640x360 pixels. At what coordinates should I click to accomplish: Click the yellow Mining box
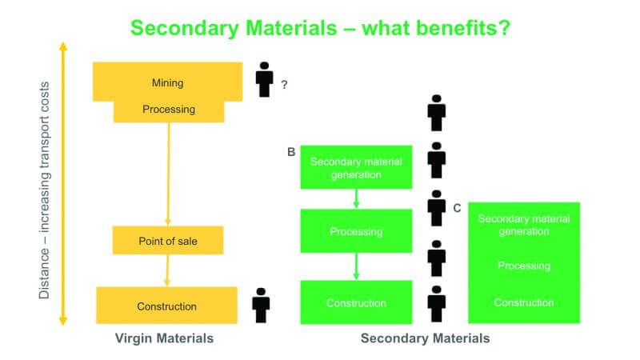[167, 82]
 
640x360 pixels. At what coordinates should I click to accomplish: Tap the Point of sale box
[168, 241]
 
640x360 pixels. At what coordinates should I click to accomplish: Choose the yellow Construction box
[166, 306]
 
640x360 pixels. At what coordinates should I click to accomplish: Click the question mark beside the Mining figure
[284, 85]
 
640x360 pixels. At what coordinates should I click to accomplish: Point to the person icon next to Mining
[264, 79]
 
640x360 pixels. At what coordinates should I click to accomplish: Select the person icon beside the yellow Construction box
[261, 306]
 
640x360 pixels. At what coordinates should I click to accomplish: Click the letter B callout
[291, 152]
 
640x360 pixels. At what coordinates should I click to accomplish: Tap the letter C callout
[457, 208]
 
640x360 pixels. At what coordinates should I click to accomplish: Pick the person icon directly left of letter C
[436, 208]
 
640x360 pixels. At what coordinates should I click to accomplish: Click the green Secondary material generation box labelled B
[356, 167]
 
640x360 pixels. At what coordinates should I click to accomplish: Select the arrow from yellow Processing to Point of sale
[169, 174]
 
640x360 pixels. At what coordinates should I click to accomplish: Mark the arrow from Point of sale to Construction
[167, 270]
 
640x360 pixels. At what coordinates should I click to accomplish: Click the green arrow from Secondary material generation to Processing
[356, 198]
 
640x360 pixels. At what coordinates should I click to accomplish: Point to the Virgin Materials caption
[164, 338]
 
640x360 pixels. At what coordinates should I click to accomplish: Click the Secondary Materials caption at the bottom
[425, 338]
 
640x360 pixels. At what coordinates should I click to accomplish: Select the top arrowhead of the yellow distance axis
[63, 46]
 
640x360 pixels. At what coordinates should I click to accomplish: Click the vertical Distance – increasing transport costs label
[44, 190]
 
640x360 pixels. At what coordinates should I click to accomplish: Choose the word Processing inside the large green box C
[524, 266]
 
